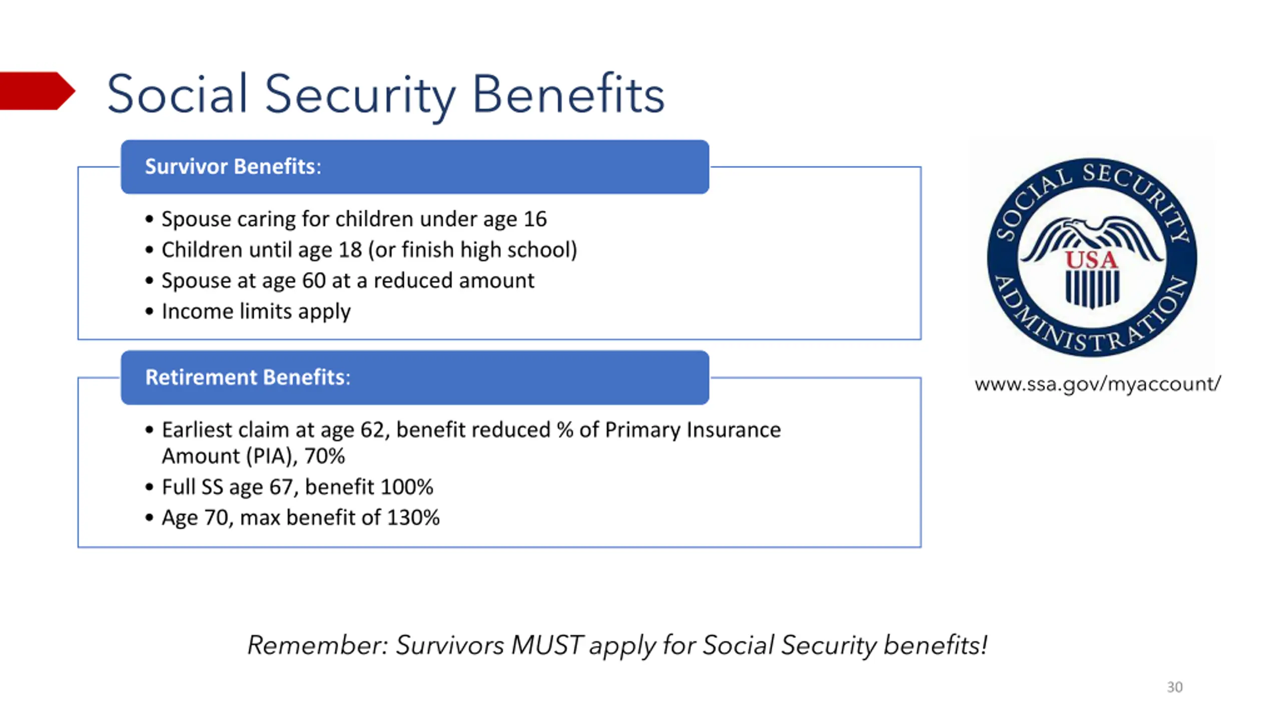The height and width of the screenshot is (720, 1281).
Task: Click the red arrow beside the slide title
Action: point(36,90)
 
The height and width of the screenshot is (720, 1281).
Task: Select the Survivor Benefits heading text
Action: point(233,166)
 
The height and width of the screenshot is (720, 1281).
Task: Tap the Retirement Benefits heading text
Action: point(248,377)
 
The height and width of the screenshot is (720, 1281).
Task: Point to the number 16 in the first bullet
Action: point(535,219)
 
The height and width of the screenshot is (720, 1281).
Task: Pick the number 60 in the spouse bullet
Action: point(314,280)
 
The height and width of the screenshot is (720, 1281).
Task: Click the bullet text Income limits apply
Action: point(256,311)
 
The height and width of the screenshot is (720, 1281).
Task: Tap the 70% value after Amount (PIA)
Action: point(324,456)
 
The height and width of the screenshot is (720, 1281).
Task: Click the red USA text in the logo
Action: point(1091,260)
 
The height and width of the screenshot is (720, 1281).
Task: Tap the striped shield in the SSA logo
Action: point(1092,289)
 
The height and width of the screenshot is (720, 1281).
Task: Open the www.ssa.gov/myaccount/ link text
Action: point(1097,384)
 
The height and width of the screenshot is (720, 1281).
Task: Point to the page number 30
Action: point(1174,687)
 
